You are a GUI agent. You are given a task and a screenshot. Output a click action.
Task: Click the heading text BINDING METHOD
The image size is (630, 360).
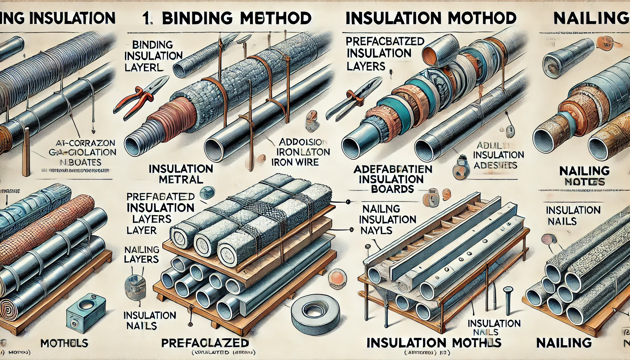[236, 18]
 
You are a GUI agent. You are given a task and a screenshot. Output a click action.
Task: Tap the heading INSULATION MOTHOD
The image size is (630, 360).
[431, 18]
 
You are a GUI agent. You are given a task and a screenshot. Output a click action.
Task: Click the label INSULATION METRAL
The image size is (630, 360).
[181, 174]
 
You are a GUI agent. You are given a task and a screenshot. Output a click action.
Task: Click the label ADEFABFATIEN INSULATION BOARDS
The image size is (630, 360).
[392, 179]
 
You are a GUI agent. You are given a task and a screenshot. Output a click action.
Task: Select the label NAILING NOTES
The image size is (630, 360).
[584, 176]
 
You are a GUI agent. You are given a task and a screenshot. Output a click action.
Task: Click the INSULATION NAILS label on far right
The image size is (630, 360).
[573, 216]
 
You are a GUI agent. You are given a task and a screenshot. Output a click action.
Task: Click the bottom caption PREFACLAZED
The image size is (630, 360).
[205, 342]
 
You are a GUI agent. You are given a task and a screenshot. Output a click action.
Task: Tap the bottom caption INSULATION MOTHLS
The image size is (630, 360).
[433, 342]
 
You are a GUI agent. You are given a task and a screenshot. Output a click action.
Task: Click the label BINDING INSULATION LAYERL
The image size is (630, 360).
[153, 56]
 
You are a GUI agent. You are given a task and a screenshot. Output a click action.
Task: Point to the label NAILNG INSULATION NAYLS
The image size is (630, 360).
[387, 219]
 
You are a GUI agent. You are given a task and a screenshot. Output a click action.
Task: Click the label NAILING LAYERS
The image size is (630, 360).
[141, 254]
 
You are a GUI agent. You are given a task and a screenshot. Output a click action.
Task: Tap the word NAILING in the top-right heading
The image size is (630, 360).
[591, 18]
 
